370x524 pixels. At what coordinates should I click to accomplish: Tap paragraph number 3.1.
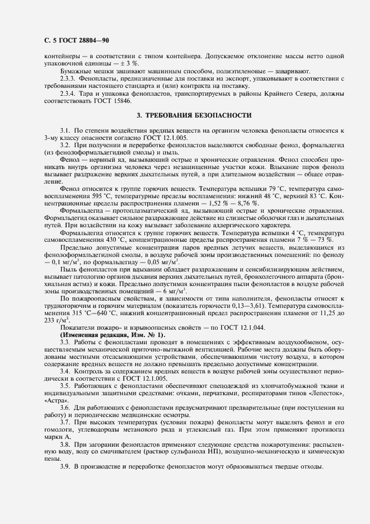click(65, 129)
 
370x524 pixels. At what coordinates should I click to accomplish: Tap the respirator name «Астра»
click(54, 402)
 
